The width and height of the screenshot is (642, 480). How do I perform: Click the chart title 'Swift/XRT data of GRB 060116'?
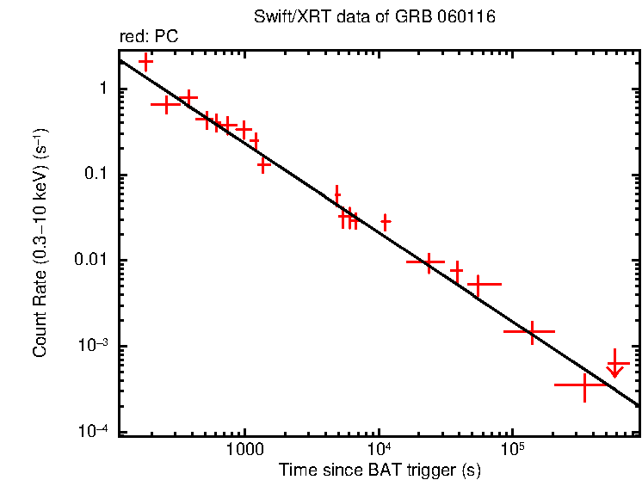[375, 17]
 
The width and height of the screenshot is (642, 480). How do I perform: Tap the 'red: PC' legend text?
[148, 36]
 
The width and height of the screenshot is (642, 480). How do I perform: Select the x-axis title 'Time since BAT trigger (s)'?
[380, 470]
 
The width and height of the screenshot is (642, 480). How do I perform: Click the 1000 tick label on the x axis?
[244, 450]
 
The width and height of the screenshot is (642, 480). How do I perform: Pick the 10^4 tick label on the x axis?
[379, 449]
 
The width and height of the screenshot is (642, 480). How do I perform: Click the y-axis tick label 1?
[102, 89]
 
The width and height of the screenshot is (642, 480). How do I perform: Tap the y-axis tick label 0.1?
[96, 175]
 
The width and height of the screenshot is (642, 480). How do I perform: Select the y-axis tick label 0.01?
[92, 261]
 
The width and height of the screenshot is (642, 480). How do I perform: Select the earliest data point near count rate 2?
[145, 62]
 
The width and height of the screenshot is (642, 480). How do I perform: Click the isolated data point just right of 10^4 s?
[386, 222]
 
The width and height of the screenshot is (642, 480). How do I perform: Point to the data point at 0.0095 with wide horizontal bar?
[426, 261]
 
